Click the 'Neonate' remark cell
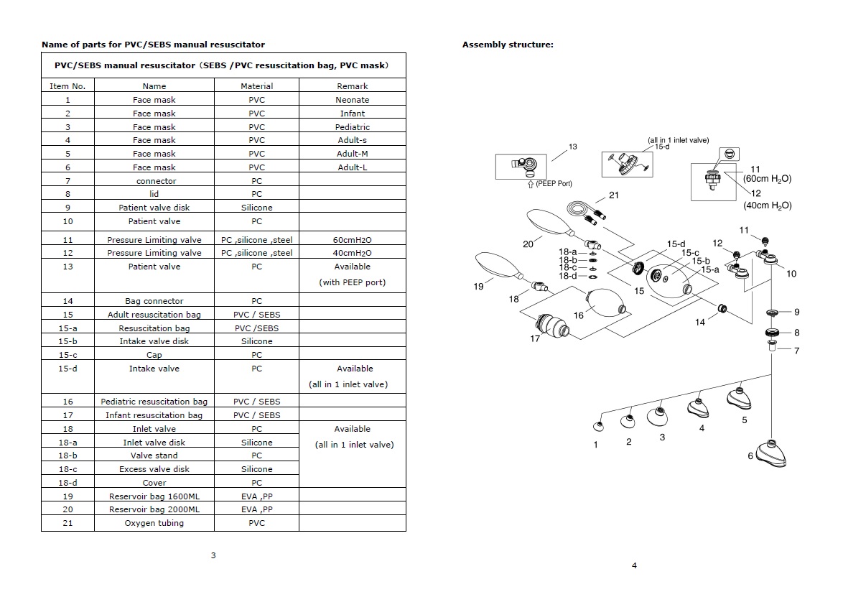tap(352, 100)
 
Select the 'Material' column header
tap(256, 86)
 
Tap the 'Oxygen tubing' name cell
tap(154, 523)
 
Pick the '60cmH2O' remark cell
tap(352, 240)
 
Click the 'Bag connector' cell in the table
tap(154, 301)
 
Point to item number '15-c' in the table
tap(67, 355)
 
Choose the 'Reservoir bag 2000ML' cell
tap(154, 509)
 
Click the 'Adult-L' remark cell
tap(352, 167)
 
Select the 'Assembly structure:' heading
tap(508, 45)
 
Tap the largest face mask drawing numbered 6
tap(770, 452)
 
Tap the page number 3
tap(213, 555)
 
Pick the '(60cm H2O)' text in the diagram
tap(768, 179)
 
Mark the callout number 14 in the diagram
tap(699, 323)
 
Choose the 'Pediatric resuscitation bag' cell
tap(154, 402)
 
